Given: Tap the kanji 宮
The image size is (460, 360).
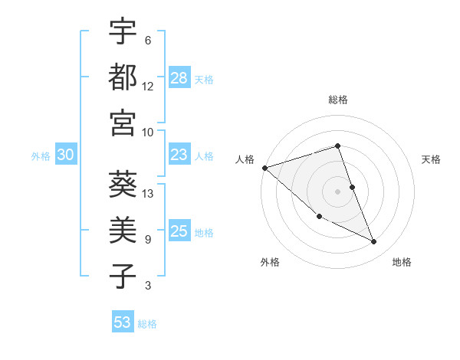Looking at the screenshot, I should click(x=123, y=123).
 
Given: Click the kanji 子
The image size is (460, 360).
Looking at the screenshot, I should click(x=123, y=277).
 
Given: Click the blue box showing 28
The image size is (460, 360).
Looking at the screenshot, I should click(x=179, y=78).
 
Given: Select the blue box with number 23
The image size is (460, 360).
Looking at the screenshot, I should click(x=179, y=155).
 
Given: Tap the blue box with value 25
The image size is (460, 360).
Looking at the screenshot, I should click(x=179, y=231).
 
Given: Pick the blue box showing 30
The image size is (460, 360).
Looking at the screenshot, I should click(x=66, y=155).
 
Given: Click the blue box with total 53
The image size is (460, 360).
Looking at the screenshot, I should click(x=123, y=322).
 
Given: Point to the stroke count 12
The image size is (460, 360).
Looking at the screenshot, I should click(x=148, y=86).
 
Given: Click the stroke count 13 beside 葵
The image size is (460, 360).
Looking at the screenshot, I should click(x=148, y=193).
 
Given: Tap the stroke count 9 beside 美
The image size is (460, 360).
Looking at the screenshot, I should click(x=147, y=239).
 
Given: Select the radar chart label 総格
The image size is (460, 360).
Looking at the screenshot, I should click(x=337, y=100).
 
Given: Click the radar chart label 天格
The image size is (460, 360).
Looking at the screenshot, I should click(x=431, y=159).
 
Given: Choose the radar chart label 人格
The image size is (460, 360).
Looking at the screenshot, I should click(x=245, y=159).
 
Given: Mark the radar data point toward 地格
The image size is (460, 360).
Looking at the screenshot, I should click(x=374, y=241).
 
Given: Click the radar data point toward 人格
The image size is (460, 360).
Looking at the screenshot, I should click(x=264, y=168).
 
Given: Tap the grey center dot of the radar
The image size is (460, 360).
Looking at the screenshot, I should click(x=337, y=191).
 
